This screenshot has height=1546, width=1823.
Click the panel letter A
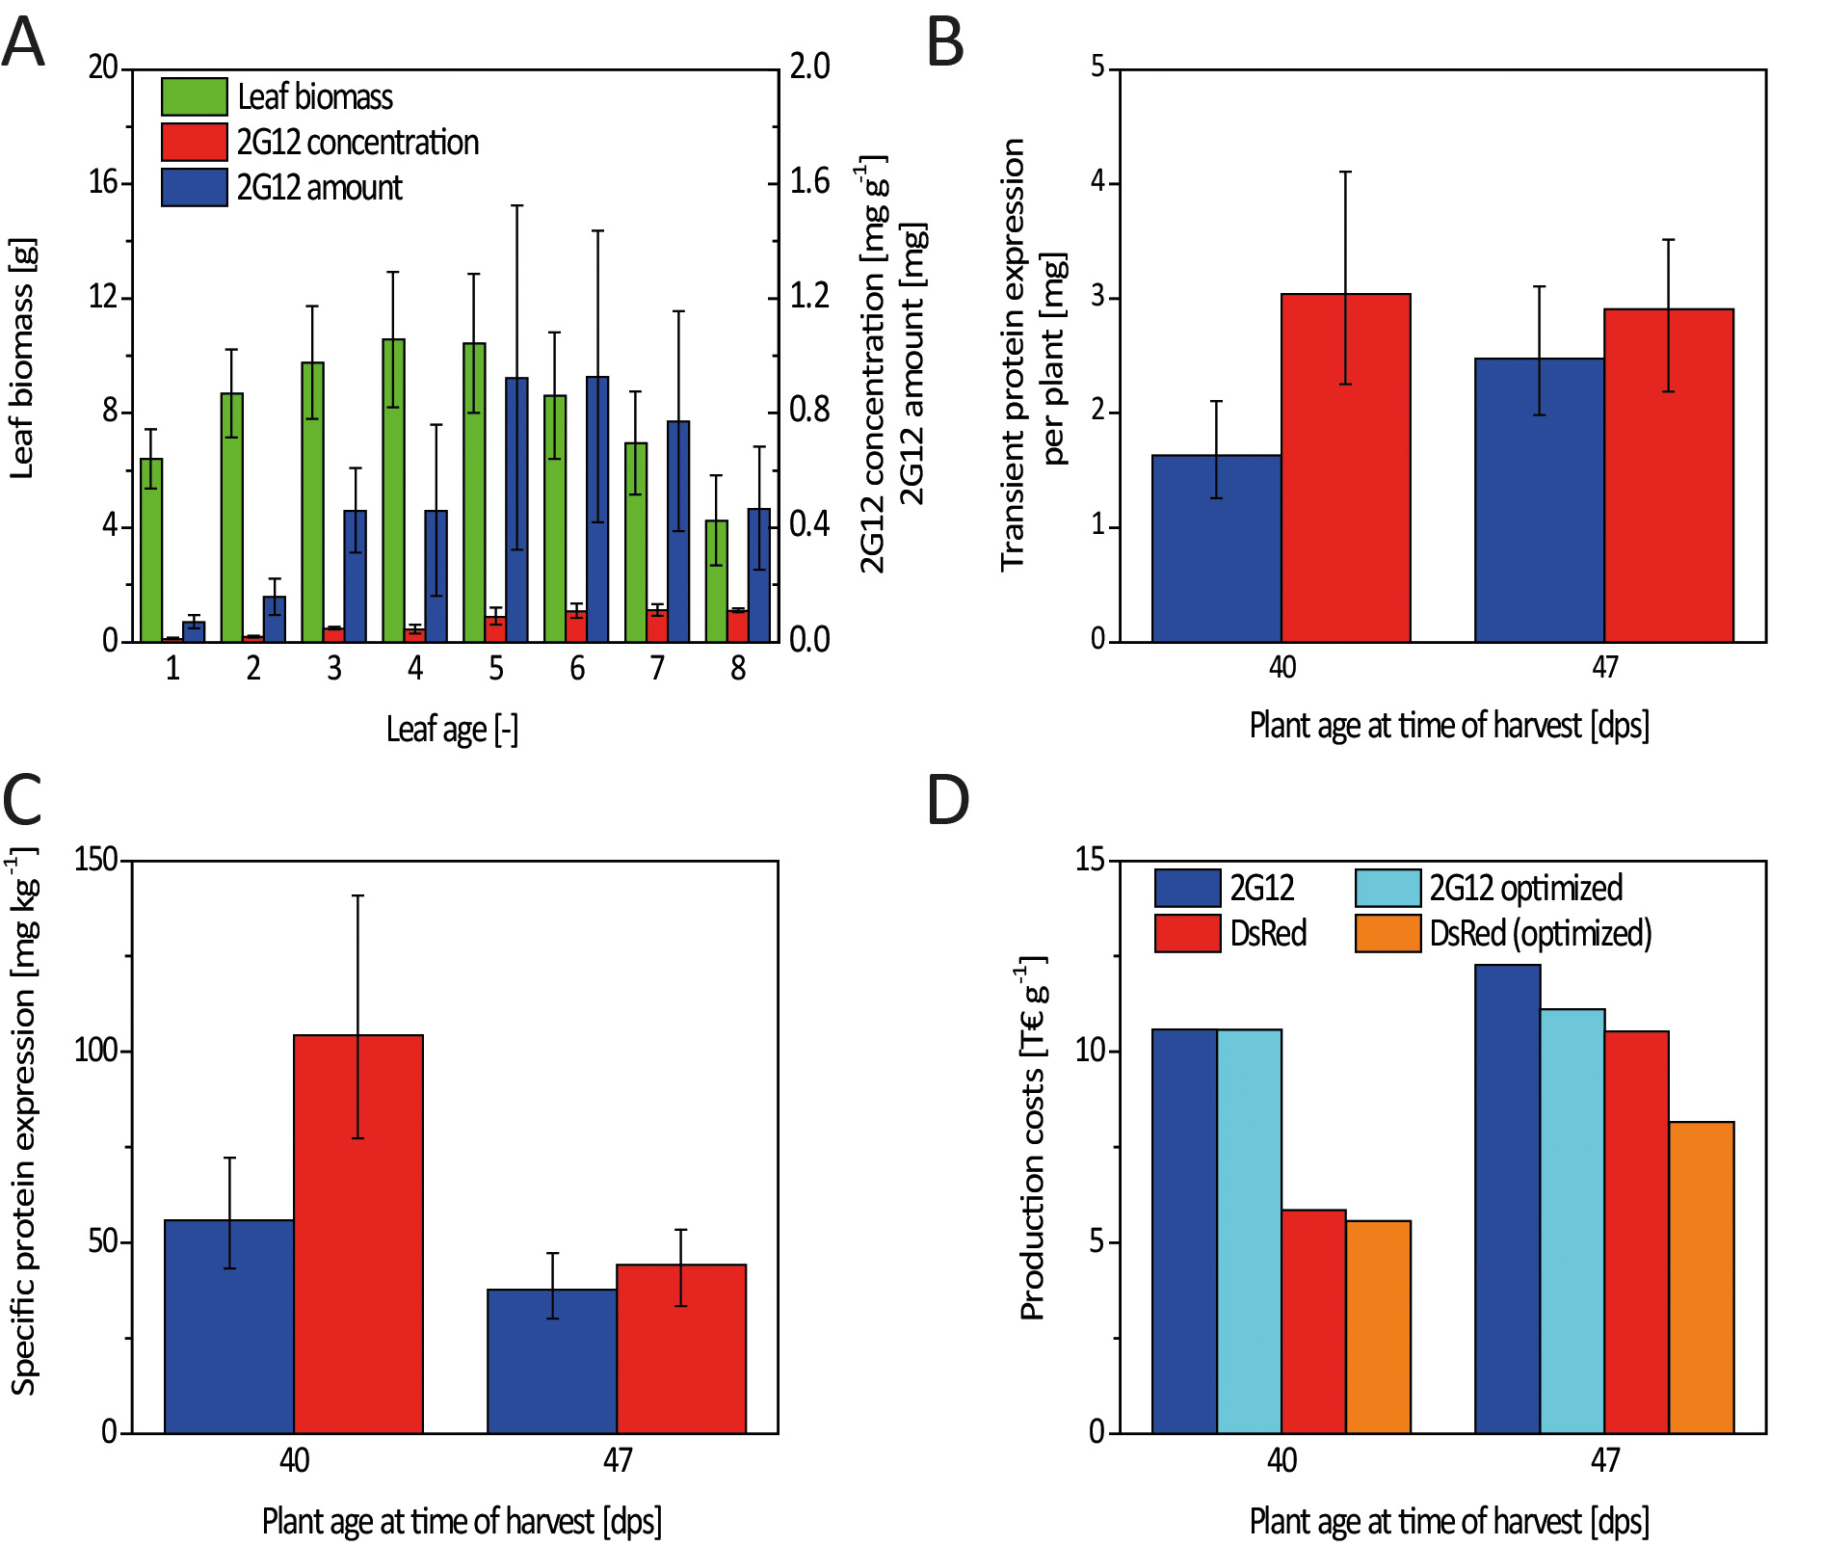pos(23,43)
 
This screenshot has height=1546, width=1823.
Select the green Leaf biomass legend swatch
pos(194,96)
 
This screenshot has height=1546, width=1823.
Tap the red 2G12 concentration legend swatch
pos(194,142)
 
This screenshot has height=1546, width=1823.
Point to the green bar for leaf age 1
pos(151,549)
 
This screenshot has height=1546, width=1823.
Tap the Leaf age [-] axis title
pos(452,729)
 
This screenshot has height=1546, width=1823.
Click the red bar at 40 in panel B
pos(1345,467)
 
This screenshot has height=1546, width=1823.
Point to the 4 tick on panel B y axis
pos(1097,183)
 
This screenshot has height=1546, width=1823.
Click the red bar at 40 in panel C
pos(357,1234)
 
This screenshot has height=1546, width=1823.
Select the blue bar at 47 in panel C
pos(551,1361)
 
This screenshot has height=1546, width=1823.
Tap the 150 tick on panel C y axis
pos(95,860)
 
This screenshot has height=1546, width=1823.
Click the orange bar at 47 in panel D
pos(1701,1277)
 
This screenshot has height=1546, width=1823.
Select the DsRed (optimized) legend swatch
pos(1387,933)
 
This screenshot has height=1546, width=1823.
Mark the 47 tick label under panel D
pos(1604,1460)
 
